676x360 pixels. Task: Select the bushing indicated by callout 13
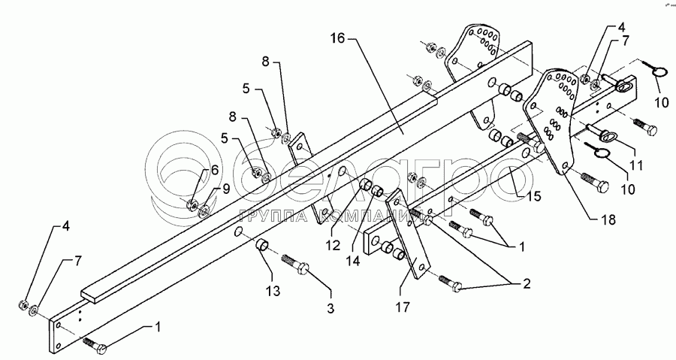263,247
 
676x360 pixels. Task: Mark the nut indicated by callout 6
193,204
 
